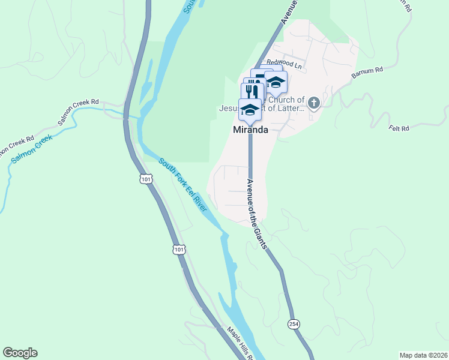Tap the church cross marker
[x=313, y=104]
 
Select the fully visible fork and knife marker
[x=252, y=92]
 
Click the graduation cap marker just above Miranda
[x=249, y=110]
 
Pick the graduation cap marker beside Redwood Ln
[x=276, y=82]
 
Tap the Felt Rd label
[x=399, y=128]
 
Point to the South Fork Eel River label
[x=183, y=185]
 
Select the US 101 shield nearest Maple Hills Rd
[x=178, y=248]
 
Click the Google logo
[x=20, y=353]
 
